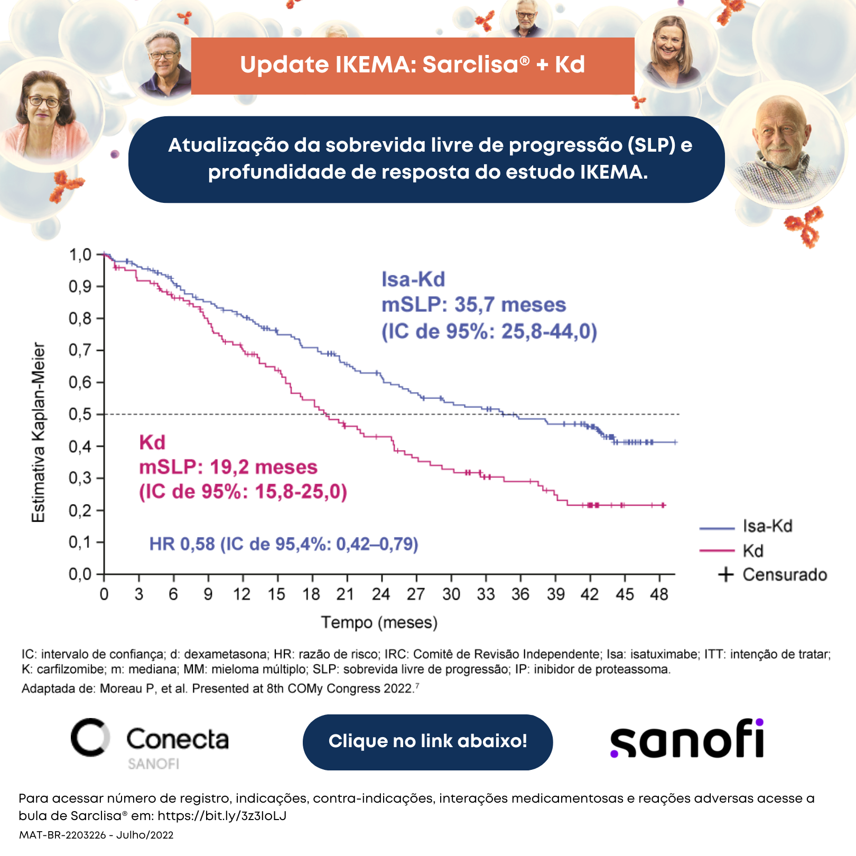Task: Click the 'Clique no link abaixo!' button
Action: coord(427,742)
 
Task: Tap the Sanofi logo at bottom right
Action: coord(687,738)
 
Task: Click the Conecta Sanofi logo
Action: coord(150,743)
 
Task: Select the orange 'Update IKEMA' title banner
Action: coord(413,66)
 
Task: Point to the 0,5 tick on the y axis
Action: coord(100,414)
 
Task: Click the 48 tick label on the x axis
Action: coord(659,594)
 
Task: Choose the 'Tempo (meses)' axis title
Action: coord(379,622)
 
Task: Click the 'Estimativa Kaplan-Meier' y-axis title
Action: coord(39,432)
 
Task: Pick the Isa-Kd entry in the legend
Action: coord(746,526)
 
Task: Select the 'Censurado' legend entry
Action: coord(773,574)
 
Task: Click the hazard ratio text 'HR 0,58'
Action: coord(182,544)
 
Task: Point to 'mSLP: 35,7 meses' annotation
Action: coord(474,305)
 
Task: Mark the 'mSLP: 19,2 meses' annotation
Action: coord(228,467)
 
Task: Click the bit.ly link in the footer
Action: coord(222,815)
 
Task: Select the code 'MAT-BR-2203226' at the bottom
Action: coord(63,835)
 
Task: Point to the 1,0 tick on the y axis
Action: coord(100,255)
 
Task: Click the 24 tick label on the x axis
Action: coord(381,594)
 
